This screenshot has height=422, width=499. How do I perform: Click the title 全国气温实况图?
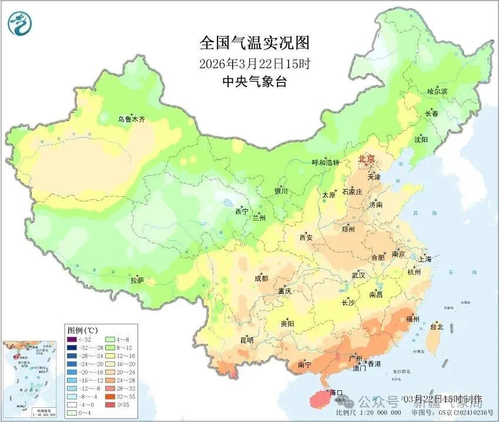click(254, 43)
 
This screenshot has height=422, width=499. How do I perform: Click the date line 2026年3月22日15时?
click(254, 63)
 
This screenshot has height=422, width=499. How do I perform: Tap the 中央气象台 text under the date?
click(254, 82)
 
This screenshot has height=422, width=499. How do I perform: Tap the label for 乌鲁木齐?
click(131, 119)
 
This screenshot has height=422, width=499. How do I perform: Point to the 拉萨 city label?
click(136, 281)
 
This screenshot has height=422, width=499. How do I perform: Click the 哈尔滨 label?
click(437, 91)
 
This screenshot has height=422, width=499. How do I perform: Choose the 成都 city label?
click(262, 278)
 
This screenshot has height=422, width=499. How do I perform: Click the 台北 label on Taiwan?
click(436, 327)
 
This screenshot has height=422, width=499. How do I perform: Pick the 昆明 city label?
click(246, 340)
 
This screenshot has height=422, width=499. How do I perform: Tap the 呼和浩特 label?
click(326, 163)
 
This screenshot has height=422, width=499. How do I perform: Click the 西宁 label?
click(242, 211)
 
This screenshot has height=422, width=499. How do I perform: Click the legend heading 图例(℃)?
click(82, 330)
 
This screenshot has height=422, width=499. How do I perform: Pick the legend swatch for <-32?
click(72, 339)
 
